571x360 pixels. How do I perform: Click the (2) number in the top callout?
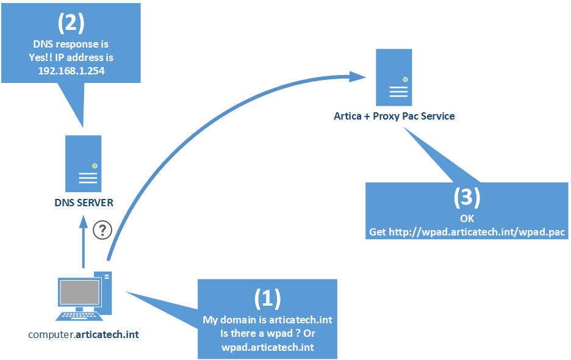tap(71, 23)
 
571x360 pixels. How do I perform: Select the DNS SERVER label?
tap(84, 203)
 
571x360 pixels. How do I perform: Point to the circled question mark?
tap(102, 230)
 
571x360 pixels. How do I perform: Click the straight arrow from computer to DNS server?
tap(84, 244)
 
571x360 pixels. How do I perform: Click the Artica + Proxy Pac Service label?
tap(394, 116)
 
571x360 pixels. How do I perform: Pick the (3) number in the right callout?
tap(467, 196)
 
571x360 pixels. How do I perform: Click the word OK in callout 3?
tap(467, 218)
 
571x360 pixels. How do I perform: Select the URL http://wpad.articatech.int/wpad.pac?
tap(467, 232)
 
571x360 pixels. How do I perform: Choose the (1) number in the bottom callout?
tap(267, 298)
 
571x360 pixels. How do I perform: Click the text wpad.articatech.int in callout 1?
tap(267, 347)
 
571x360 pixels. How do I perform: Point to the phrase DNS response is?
tap(71, 45)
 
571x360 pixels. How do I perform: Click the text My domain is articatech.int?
tap(267, 320)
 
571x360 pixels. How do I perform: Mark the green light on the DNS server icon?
tap(95, 165)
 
